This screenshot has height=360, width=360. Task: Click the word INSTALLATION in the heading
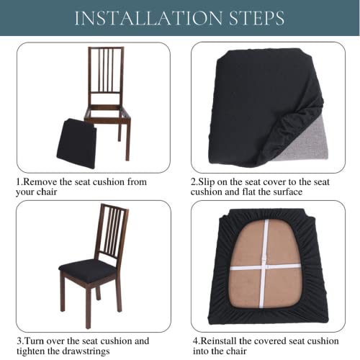coord(148,18)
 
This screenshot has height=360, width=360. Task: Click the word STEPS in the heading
coord(257,18)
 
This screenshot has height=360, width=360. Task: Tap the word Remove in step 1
coord(40,181)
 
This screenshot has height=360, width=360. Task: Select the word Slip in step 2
coord(207,182)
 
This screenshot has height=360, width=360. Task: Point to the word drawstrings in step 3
coord(86,351)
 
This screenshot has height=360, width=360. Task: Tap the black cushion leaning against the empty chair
coord(76,143)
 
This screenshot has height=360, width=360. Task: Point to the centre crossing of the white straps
coord(264,267)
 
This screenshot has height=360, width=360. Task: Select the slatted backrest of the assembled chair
coord(112,231)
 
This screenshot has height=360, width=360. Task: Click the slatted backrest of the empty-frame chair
coord(106,70)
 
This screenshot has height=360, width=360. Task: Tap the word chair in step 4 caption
coord(235,351)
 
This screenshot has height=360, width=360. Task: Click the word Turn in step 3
coord(34,341)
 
